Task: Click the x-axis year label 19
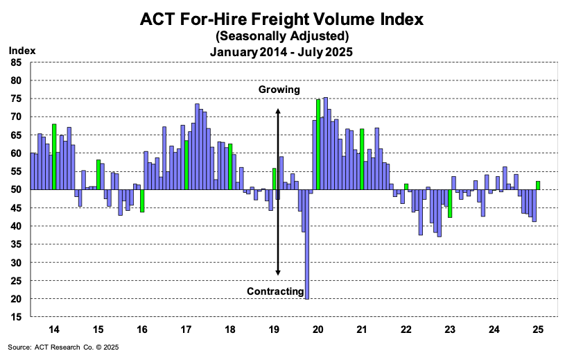[275, 329]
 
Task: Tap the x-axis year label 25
[539, 329]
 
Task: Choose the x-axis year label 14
[53, 329]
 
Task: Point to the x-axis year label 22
[406, 329]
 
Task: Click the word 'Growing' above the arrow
[279, 89]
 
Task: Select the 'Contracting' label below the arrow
[276, 291]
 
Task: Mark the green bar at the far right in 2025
[538, 185]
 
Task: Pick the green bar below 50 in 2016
[142, 200]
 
